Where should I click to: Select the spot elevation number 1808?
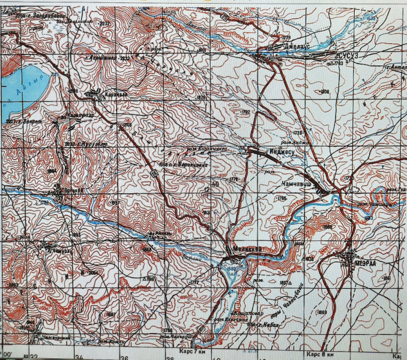click(325, 91)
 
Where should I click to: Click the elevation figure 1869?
click(323, 313)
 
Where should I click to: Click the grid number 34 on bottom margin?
click(80, 356)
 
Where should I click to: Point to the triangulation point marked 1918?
click(150, 279)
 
